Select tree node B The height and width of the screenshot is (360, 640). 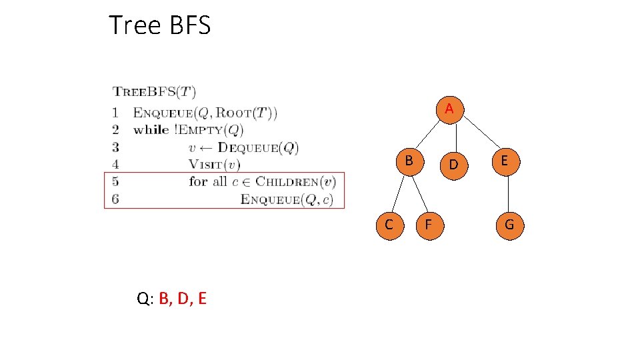point(409,161)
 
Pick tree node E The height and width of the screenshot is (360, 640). point(505,161)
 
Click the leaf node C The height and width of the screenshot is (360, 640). point(389,225)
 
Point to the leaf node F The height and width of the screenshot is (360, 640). point(429,225)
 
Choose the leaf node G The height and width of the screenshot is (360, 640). point(509,225)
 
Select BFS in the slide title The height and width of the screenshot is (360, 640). point(189,25)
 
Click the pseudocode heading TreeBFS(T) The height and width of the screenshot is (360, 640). point(154,92)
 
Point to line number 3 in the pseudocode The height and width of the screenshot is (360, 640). point(116,147)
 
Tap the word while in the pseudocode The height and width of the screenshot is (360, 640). point(151,129)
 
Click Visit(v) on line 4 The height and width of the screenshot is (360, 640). point(214,164)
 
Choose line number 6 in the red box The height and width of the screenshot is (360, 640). point(116,199)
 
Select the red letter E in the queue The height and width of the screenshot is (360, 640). point(202,299)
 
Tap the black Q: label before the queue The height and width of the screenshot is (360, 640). point(145,299)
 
